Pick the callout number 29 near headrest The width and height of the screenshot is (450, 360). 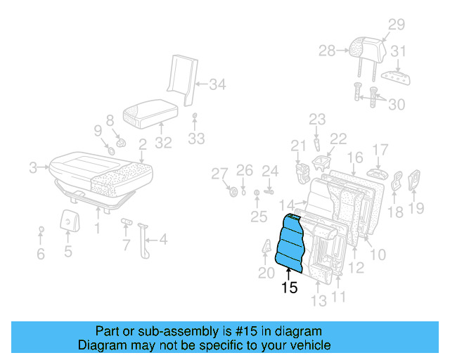(397, 25)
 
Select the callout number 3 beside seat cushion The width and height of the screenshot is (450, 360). (32, 167)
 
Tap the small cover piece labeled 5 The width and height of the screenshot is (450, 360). (68, 220)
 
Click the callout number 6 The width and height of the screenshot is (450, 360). (40, 254)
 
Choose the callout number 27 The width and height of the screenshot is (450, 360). (220, 174)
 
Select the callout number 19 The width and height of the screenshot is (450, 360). (416, 207)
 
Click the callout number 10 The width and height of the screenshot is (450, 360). (378, 254)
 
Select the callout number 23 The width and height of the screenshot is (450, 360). (318, 119)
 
